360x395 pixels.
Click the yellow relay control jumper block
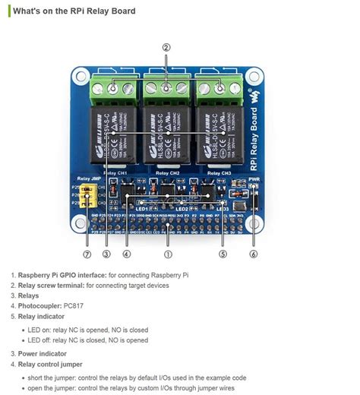[89, 197]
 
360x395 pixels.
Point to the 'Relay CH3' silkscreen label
[220, 172]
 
